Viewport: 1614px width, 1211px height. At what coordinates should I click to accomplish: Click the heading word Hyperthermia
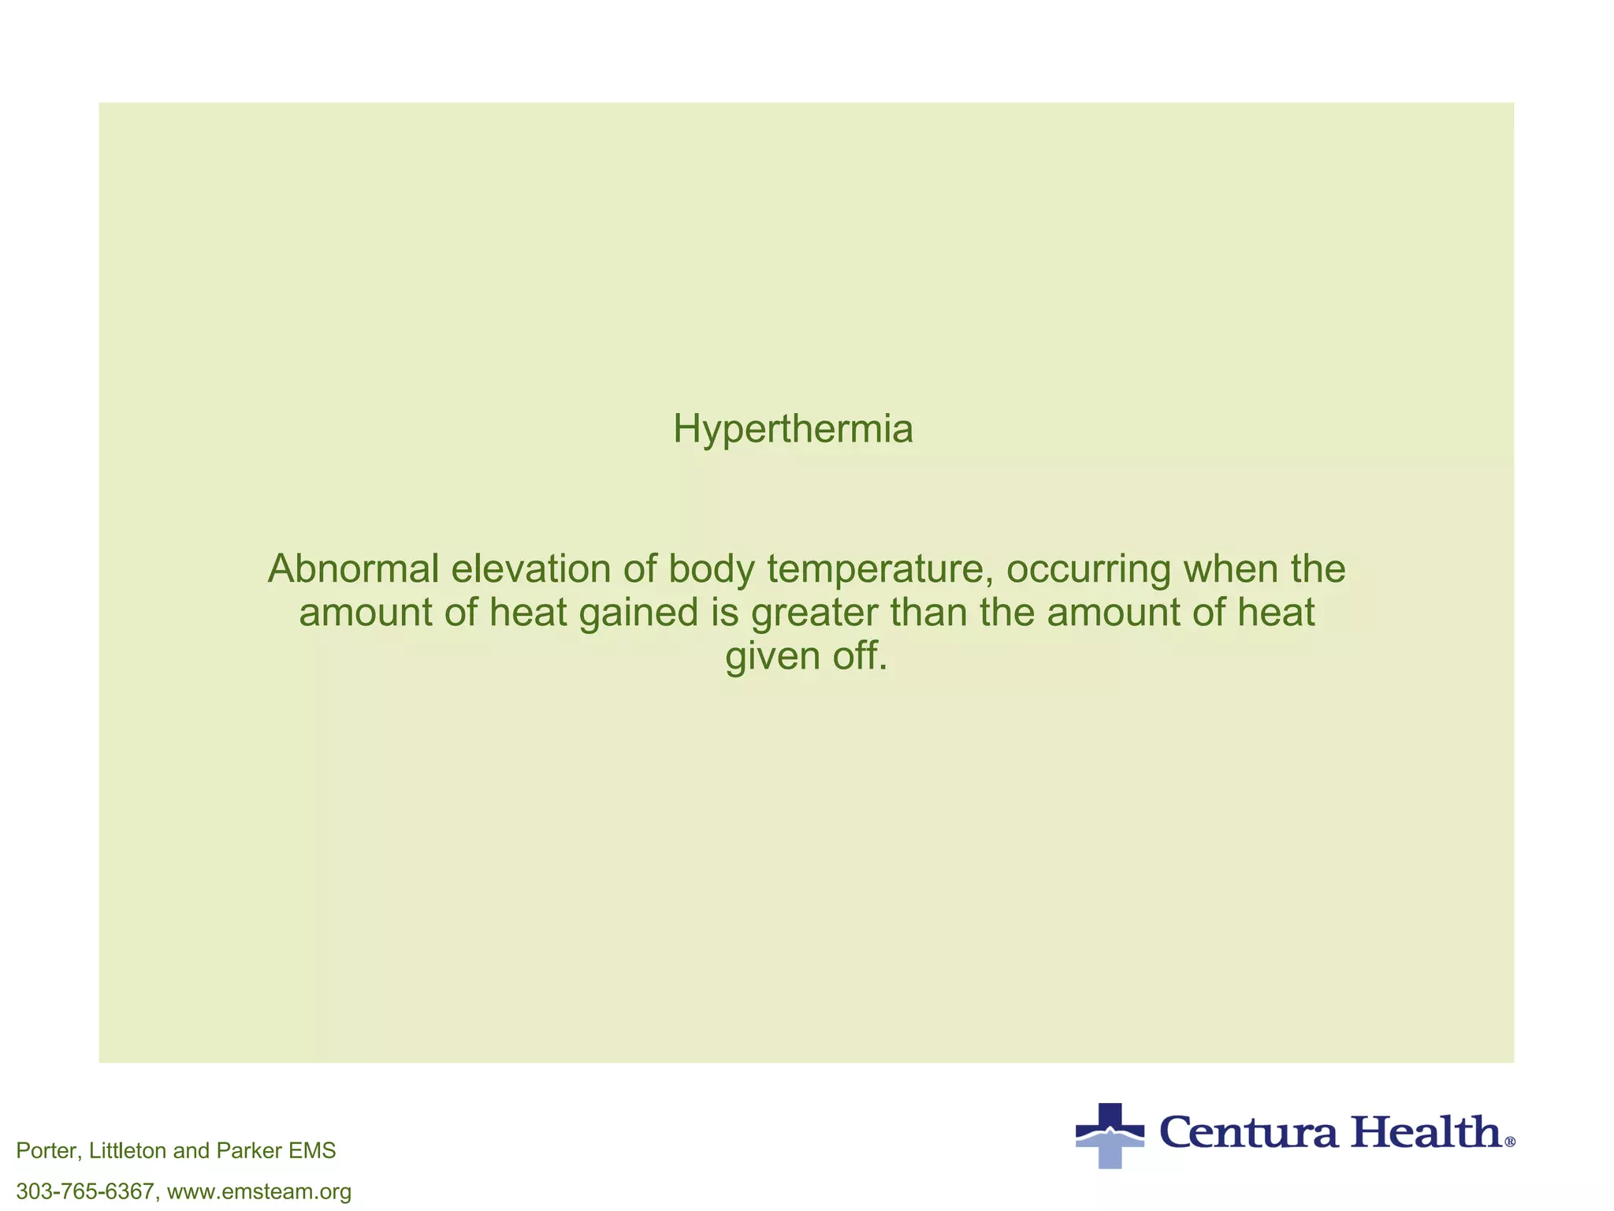point(793,430)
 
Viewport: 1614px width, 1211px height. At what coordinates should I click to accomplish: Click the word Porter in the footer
point(47,1151)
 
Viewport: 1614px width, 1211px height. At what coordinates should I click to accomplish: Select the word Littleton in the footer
point(128,1151)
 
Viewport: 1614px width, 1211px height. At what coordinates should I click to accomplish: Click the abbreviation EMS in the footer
point(312,1151)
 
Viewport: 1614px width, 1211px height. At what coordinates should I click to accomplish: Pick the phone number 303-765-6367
point(85,1191)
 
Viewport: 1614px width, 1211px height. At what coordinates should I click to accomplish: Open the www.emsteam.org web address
point(259,1191)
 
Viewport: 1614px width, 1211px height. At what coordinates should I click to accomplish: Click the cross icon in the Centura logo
point(1110,1135)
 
